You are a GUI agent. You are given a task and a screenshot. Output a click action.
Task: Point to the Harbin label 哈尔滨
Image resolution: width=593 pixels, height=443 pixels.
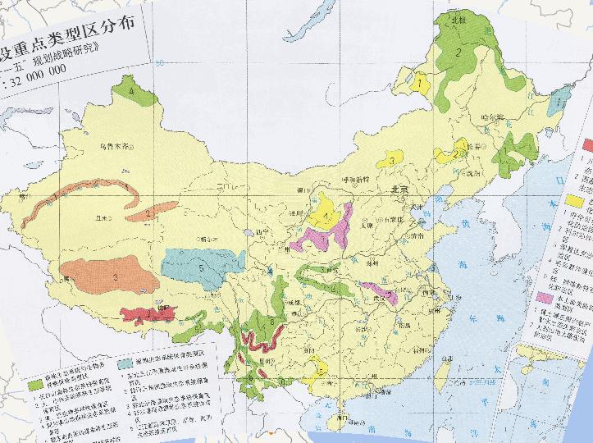493,116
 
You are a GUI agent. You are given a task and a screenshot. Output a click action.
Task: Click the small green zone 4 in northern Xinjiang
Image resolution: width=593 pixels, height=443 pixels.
134,92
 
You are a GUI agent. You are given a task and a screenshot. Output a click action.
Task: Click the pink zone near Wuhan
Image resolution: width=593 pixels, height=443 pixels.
379,290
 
